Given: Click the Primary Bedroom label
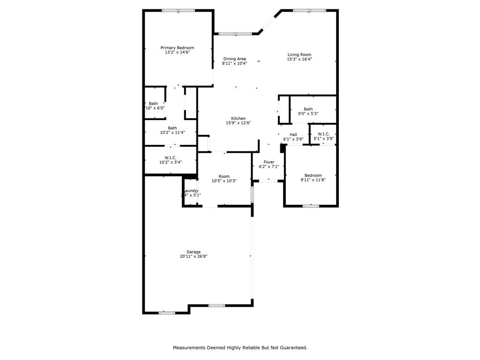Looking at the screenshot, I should point(177,48).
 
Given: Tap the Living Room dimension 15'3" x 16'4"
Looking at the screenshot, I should point(300,60).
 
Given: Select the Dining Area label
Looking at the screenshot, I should point(234,59).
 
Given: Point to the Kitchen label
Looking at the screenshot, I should point(238,119).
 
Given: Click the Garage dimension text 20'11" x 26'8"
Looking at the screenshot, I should point(193,256).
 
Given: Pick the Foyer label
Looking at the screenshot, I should point(269,162).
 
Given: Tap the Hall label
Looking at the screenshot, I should point(293,135).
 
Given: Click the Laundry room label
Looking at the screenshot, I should point(191,191).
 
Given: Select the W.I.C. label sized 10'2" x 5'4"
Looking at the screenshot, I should point(170,157).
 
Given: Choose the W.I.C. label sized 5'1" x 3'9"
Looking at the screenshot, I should point(323,134).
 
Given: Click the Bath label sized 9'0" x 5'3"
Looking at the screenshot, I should point(308,109).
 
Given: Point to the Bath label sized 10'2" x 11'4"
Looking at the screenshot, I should point(172,128).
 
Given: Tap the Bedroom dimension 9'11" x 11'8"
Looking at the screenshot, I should point(313,180).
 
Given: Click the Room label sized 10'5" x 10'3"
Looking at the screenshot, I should point(224,176).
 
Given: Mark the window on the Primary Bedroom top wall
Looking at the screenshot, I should point(178,10).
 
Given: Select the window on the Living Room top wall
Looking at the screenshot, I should point(310,10).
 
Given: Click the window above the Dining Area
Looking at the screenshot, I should point(235,33).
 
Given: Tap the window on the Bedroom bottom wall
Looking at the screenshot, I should point(311,206).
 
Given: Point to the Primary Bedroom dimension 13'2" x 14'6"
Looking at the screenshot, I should point(177,52).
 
